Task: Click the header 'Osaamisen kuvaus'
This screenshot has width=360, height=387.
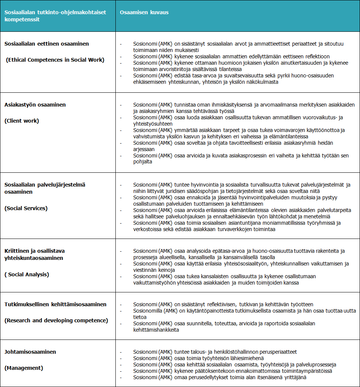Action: tap(144, 12)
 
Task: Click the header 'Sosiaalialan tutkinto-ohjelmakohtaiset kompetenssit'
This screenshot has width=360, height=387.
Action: tap(55, 16)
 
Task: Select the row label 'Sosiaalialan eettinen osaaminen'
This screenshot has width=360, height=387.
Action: tap(47, 44)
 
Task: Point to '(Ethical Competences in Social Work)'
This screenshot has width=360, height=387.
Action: tap(55, 60)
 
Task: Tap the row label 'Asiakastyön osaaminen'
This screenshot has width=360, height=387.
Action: tap(35, 105)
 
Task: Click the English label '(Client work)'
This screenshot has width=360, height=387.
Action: tap(22, 121)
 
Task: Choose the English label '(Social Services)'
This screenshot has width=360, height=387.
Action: tap(26, 208)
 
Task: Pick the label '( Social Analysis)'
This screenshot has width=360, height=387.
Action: tap(27, 274)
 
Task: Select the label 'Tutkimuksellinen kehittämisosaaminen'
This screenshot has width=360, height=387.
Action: tap(56, 304)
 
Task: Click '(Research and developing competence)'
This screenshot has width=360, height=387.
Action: tap(56, 320)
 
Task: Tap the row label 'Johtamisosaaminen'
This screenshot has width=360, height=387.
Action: tap(30, 352)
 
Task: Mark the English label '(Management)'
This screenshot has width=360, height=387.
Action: tap(24, 368)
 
